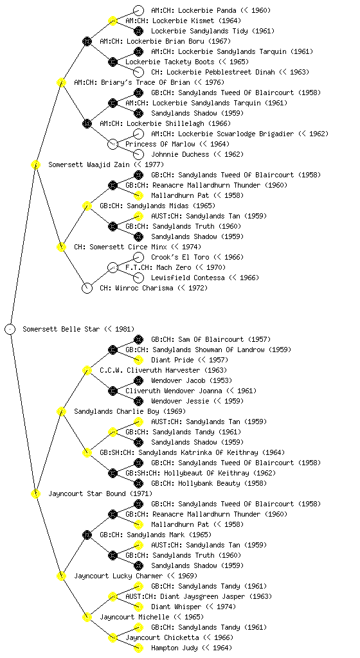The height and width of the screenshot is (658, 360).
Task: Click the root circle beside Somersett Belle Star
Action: coord(10,330)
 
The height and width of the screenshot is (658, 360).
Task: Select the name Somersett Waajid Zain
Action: coord(89,164)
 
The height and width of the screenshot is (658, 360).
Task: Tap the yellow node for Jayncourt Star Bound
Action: coord(35,494)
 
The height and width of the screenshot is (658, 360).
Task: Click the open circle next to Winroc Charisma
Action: coord(87,289)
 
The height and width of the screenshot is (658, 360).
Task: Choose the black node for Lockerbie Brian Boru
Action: coord(87,41)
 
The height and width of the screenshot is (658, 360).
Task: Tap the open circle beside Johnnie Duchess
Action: coord(138,154)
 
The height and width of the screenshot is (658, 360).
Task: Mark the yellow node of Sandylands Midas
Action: coord(87,206)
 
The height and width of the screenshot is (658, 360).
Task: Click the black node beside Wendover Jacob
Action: coord(138,380)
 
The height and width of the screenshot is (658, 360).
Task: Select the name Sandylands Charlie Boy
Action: coord(116,411)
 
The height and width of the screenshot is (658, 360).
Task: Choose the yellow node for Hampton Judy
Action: coord(138,648)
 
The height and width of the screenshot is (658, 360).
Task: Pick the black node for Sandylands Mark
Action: coord(87,535)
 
